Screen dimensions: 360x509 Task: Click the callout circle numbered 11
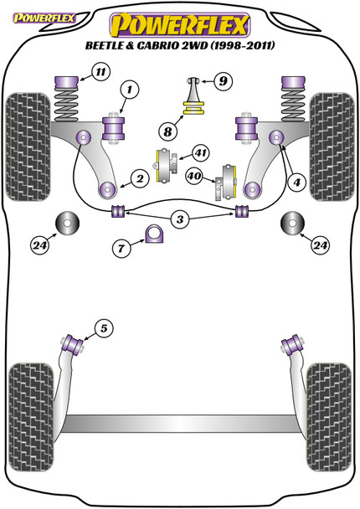[100, 71]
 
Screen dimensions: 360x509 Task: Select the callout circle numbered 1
[130, 89]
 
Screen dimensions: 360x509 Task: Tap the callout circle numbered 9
[224, 80]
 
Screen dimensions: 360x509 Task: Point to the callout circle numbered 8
[167, 131]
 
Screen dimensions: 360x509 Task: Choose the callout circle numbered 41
[201, 152]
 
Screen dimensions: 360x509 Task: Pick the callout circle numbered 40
[194, 176]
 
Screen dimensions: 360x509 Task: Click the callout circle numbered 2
[140, 178]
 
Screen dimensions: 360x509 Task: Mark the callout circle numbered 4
[296, 183]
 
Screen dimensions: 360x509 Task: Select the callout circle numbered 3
[180, 219]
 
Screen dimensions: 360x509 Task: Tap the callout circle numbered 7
[121, 249]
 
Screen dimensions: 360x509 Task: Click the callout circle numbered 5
[104, 328]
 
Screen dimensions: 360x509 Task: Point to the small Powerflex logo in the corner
[44, 18]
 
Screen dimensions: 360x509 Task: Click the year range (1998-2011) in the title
[243, 45]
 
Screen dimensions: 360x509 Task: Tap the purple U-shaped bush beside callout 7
[155, 234]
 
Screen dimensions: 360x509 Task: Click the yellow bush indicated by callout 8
[194, 108]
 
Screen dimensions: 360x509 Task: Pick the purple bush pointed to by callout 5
[73, 344]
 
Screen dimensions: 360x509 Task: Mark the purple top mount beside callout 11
[67, 83]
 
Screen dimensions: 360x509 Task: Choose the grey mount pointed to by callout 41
[167, 165]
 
